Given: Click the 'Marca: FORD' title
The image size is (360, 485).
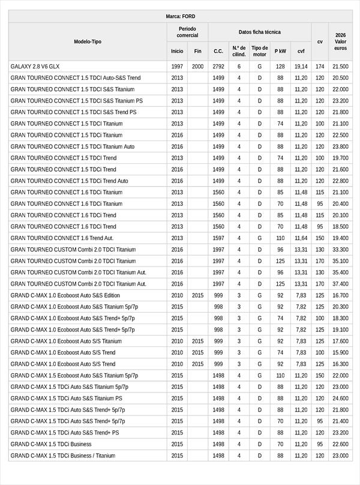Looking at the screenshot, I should coord(180,16).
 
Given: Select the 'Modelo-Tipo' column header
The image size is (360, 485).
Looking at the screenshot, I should coord(88,41).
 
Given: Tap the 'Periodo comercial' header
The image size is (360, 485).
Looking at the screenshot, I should coord(187,32).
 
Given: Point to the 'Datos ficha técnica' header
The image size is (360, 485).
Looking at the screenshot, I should coord(259,32).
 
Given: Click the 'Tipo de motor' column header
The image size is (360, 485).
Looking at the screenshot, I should coord(259,51).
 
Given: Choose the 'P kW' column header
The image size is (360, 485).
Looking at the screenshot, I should coord(280,52).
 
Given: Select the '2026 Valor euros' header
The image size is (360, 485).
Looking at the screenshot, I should coord(340,41).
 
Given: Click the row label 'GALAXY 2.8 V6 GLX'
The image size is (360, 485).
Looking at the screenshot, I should coord(35,67).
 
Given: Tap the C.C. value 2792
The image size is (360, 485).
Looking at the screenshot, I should coord(218,67).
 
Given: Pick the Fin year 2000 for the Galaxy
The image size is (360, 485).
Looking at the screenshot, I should coord(197,67).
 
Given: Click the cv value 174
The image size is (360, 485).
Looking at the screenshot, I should coord(320,67).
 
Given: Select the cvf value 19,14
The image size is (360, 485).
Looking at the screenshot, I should coord(301,67).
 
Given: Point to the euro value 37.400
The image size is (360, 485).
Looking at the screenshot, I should coord(340,284).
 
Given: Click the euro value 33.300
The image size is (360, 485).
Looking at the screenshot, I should coord(340,250).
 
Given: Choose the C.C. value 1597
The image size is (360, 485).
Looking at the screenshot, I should coord(218,238).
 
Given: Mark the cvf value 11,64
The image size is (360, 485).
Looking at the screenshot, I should coord(301,238).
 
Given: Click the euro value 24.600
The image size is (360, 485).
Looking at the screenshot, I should coord(340,399).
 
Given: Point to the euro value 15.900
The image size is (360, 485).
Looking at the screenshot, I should coord(340,353).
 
